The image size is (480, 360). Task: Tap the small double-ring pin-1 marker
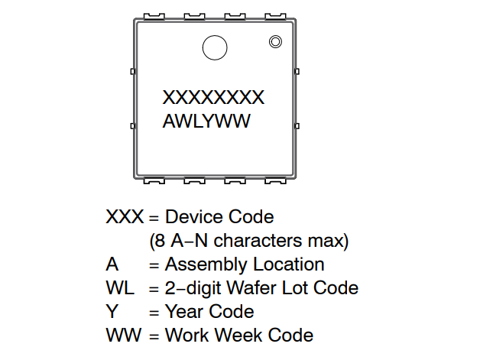click(x=275, y=41)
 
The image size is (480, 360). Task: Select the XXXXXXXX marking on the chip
click(x=213, y=97)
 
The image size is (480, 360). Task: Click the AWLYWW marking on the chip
click(x=206, y=121)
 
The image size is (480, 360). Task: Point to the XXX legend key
click(x=125, y=217)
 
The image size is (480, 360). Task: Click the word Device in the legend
click(x=194, y=217)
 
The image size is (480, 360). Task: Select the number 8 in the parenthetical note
click(x=160, y=241)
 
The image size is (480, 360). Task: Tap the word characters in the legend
click(x=258, y=241)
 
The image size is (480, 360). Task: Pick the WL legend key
click(x=120, y=287)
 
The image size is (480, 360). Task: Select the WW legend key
click(x=124, y=335)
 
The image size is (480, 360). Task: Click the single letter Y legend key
click(x=112, y=312)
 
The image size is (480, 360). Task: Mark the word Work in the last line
click(x=188, y=335)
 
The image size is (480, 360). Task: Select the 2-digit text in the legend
click(x=193, y=288)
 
